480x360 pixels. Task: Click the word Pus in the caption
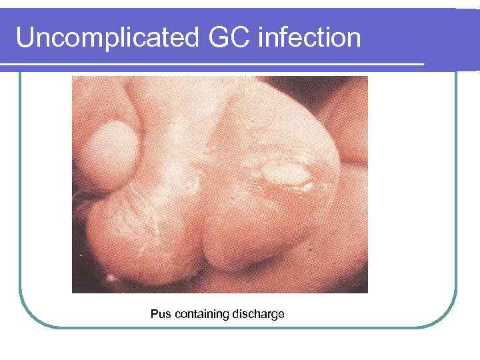161,313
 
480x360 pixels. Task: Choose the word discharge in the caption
257,313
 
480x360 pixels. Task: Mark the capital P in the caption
154,313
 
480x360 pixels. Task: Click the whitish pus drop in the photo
283,177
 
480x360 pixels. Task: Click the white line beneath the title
213,64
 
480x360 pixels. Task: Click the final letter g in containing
225,315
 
